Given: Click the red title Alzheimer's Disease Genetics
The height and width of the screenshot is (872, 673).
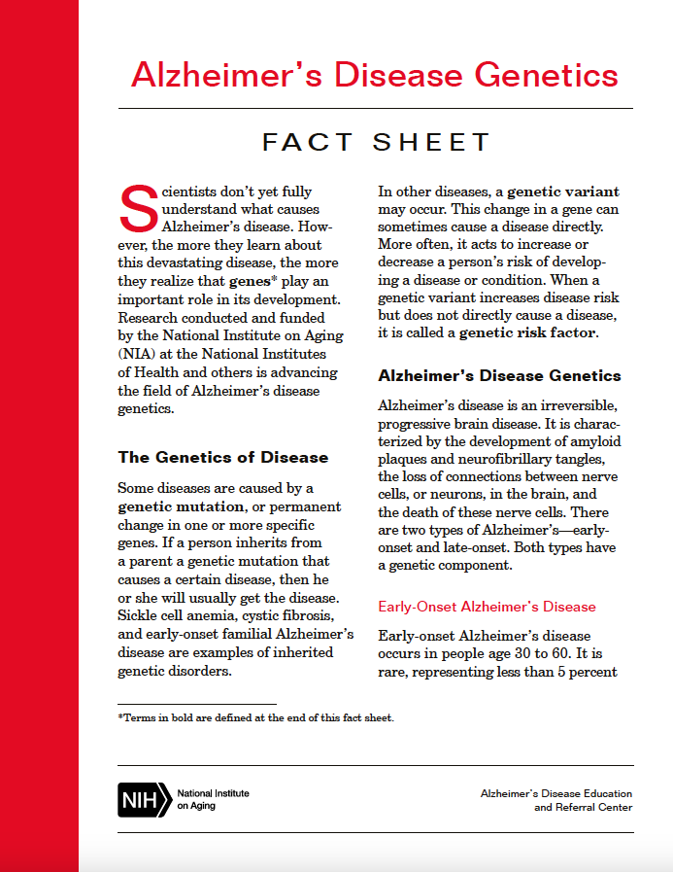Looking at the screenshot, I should tap(374, 76).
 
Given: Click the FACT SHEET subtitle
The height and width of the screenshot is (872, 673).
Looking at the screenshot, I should tap(377, 143).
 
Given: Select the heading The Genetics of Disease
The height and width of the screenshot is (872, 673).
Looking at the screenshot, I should tap(222, 457).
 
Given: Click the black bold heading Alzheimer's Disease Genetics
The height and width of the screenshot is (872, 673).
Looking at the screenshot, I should tap(499, 375).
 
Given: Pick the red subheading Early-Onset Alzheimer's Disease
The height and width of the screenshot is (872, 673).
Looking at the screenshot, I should tap(487, 607).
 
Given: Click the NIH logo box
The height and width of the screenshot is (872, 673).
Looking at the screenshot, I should tap(143, 799).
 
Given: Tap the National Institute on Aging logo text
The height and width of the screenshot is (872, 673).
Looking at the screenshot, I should tap(213, 799).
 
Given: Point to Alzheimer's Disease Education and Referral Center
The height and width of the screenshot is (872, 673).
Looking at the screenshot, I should tap(555, 800).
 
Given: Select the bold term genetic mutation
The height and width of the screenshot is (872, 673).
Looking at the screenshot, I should tap(181, 506).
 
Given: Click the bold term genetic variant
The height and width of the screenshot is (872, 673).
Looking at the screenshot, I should tap(562, 192).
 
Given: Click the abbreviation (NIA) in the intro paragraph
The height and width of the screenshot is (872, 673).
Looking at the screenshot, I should tap(136, 354).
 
